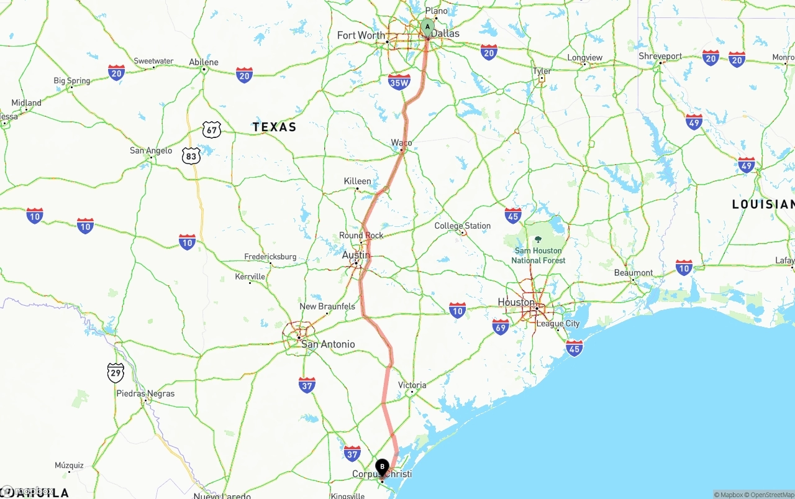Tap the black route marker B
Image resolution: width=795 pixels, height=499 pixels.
click(x=382, y=466)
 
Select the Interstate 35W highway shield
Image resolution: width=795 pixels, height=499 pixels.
click(x=399, y=81)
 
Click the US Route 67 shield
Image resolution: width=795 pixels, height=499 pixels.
click(x=212, y=130)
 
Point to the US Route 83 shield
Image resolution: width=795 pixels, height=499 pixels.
click(x=191, y=156)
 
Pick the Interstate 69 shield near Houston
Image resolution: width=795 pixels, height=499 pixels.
click(x=500, y=327)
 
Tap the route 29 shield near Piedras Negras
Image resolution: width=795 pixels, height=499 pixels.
click(x=116, y=373)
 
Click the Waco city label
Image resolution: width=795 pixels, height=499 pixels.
click(x=401, y=143)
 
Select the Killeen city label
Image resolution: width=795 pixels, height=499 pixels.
click(x=357, y=181)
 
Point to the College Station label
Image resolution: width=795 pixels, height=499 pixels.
click(x=462, y=226)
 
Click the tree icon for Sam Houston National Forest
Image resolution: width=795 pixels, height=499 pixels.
click(x=538, y=239)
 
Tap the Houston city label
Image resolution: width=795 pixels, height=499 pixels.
click(x=516, y=302)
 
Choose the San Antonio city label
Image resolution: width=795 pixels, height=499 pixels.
click(x=328, y=344)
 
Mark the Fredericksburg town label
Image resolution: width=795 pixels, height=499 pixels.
click(x=270, y=257)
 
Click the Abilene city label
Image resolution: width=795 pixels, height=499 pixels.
click(x=204, y=62)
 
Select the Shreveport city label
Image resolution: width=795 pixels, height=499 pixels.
click(x=660, y=57)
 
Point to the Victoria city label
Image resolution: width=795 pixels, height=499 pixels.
click(x=412, y=385)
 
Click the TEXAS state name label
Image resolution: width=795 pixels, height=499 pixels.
click(x=274, y=127)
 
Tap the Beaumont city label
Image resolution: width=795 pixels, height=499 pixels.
click(x=633, y=273)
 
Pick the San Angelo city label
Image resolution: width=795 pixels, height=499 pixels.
click(x=151, y=150)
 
